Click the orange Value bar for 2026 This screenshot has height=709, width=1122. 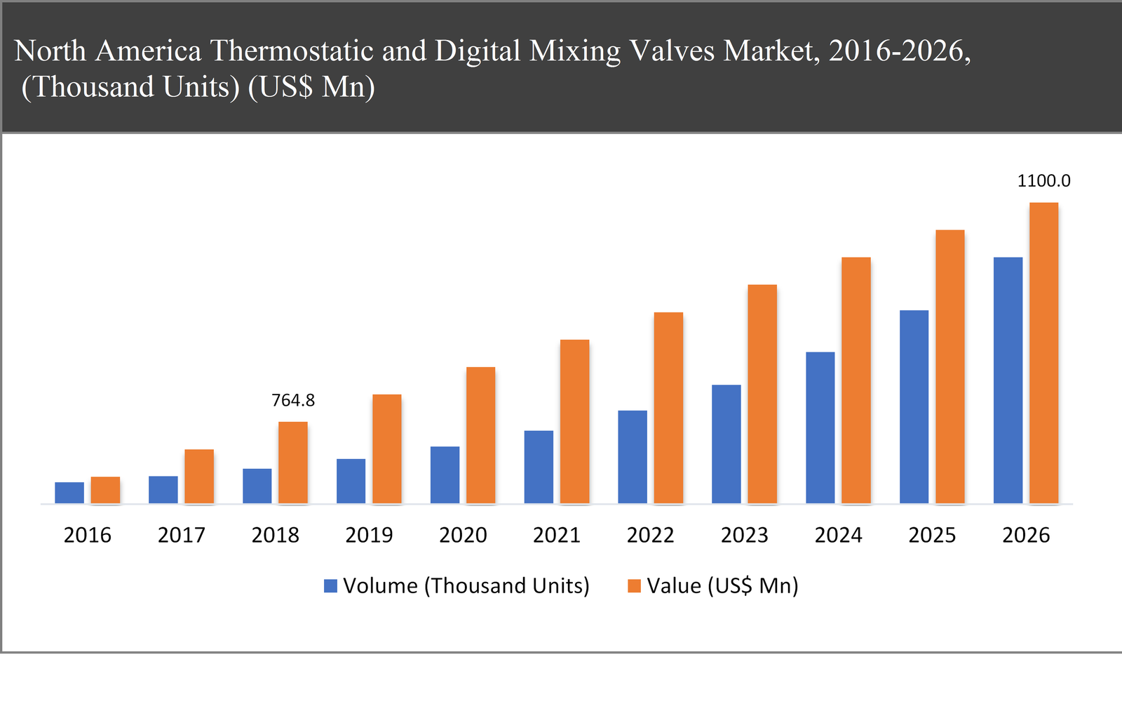[x=1043, y=353]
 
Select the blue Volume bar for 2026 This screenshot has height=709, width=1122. [x=1008, y=380]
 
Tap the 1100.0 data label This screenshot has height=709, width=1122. [x=1043, y=181]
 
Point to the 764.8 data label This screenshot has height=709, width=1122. [x=293, y=401]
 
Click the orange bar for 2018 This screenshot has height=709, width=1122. [x=293, y=463]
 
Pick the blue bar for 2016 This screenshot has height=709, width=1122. [x=69, y=493]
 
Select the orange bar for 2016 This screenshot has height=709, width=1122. [x=105, y=490]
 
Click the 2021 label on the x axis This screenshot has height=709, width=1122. [x=556, y=536]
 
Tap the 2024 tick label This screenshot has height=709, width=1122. [x=838, y=536]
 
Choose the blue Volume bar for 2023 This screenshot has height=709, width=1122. [x=726, y=444]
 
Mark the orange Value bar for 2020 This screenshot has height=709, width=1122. [x=480, y=435]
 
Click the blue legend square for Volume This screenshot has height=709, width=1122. [x=330, y=586]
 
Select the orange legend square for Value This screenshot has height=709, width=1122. [x=634, y=586]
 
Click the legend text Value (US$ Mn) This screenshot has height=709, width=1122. [x=722, y=586]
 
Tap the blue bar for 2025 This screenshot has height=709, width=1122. [x=914, y=406]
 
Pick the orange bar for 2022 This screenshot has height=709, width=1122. [x=668, y=408]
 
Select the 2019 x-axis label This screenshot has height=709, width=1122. [x=369, y=536]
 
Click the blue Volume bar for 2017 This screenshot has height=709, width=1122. [x=163, y=490]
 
